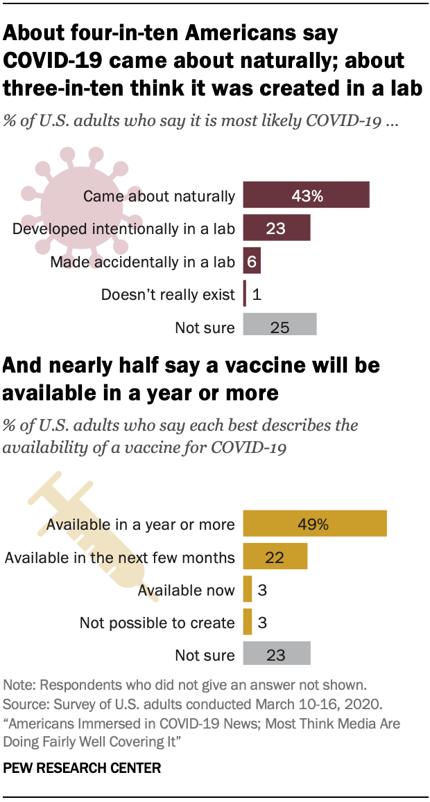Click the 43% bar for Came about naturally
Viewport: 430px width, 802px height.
[x=306, y=196]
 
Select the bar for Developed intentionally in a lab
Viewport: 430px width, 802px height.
[x=276, y=229]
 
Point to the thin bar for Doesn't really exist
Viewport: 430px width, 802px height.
[x=245, y=294]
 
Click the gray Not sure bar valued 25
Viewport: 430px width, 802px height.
[x=279, y=326]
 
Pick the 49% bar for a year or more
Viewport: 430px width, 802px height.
[x=314, y=524]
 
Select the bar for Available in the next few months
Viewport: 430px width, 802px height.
[x=275, y=557]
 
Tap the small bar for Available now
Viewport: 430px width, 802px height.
[x=248, y=589]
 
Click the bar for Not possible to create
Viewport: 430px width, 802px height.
[x=248, y=622]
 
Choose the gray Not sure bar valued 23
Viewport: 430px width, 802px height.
[x=276, y=654]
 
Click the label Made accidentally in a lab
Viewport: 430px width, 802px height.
[x=143, y=262]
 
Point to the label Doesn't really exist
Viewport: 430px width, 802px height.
[x=168, y=294]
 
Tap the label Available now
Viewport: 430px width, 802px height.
[x=186, y=590]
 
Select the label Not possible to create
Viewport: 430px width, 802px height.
[x=157, y=623]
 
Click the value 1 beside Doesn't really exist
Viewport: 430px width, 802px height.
[x=257, y=294]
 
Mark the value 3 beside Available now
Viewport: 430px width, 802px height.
[x=263, y=590]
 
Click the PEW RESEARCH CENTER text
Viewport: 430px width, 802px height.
[x=82, y=768]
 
